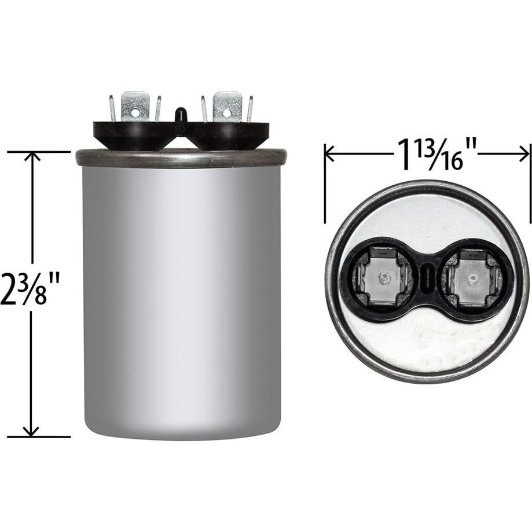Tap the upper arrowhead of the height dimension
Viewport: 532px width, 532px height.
(x=31, y=157)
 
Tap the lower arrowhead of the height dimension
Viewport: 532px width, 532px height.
(x=31, y=431)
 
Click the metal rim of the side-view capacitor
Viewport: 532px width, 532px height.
(x=181, y=158)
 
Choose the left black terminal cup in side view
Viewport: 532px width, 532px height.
(x=133, y=135)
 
